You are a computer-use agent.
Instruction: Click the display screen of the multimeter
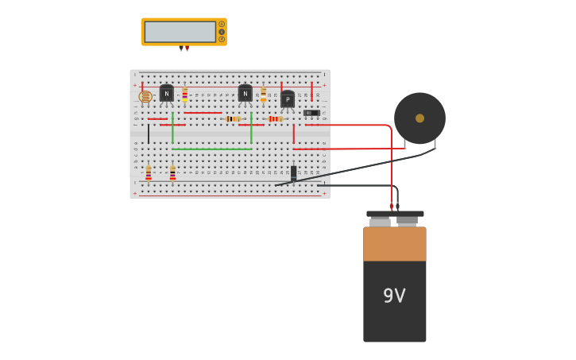(x=180, y=32)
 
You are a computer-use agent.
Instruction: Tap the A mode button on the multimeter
(x=222, y=24)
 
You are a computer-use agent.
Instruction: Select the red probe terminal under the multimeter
(x=187, y=48)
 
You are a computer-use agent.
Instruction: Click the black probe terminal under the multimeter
(x=181, y=48)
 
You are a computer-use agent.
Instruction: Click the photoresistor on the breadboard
(x=145, y=97)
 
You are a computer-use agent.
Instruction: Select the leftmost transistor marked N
(x=166, y=93)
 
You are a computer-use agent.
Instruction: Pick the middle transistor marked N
(x=245, y=93)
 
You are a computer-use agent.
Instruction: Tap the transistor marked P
(x=287, y=99)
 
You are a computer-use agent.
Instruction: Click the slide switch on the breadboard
(x=311, y=113)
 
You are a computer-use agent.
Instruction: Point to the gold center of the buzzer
(x=419, y=118)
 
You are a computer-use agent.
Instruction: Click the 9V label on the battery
(x=394, y=296)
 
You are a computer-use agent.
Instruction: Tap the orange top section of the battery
(x=395, y=244)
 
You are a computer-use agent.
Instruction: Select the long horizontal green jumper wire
(x=212, y=149)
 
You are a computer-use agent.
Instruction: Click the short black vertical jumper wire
(x=148, y=134)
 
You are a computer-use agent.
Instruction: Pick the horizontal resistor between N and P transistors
(x=233, y=118)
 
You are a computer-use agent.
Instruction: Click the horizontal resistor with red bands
(x=275, y=118)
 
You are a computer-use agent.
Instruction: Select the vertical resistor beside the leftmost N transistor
(x=185, y=95)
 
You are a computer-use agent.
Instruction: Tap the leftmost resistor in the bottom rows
(x=149, y=173)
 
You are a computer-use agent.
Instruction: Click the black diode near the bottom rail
(x=293, y=172)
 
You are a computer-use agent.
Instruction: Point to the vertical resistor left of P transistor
(x=263, y=95)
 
